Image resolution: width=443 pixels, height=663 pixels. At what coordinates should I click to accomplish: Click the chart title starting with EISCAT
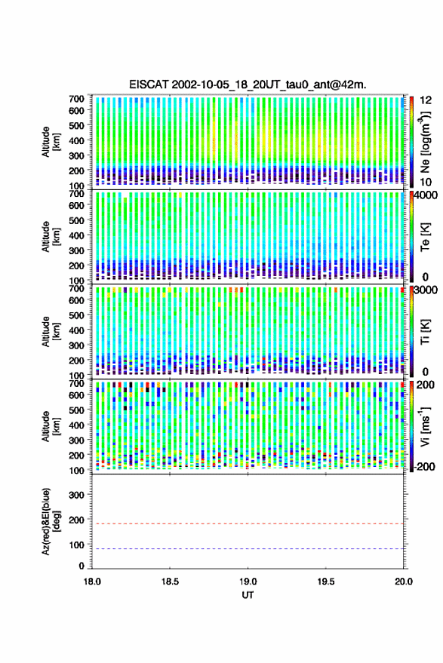(248, 84)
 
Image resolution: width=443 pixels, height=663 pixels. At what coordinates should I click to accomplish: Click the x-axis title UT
(248, 595)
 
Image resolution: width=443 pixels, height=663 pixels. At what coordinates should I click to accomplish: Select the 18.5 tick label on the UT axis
(170, 582)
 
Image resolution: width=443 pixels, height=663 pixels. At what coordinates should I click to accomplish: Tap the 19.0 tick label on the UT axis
(248, 582)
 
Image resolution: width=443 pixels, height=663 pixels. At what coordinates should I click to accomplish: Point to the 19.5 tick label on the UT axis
(325, 582)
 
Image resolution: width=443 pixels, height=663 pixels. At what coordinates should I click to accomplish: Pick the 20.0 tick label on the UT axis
(403, 582)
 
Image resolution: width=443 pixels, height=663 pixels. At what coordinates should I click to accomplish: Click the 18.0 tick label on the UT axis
(92, 582)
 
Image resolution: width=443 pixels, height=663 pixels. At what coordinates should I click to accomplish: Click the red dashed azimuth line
(248, 524)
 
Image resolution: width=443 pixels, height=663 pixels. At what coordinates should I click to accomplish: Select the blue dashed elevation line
(248, 549)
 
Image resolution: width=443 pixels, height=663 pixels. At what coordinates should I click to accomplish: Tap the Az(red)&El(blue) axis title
(51, 521)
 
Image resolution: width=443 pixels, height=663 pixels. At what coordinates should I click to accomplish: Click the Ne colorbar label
(426, 142)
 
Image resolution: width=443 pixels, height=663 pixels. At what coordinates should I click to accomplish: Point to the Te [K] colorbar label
(425, 237)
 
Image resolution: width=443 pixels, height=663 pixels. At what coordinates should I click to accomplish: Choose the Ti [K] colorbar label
(425, 332)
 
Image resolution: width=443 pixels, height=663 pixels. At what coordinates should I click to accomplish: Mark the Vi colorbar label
(425, 426)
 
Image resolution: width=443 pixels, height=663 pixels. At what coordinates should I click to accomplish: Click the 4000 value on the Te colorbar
(426, 196)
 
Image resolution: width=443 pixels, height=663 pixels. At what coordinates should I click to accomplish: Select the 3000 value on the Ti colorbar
(426, 290)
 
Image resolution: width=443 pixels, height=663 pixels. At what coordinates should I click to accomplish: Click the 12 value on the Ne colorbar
(426, 100)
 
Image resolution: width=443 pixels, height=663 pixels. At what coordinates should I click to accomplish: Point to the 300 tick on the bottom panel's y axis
(76, 495)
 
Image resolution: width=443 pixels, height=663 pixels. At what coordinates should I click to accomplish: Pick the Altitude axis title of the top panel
(51, 142)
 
